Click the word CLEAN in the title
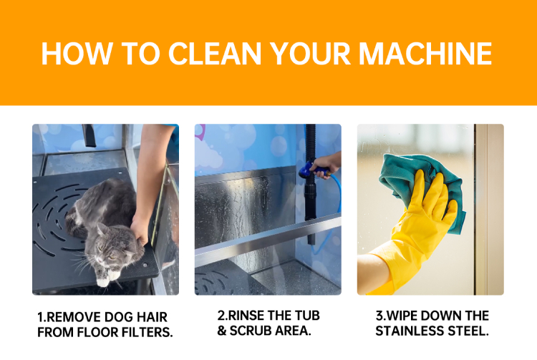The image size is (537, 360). (215, 54)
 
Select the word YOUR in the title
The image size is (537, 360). (310, 54)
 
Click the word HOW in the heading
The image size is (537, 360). (77, 54)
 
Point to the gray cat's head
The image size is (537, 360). (111, 245)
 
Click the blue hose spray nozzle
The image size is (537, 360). (308, 170)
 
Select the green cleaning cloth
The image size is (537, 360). (423, 185)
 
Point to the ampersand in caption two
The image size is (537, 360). (222, 331)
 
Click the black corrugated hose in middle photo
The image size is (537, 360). (311, 185)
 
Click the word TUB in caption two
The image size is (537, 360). (307, 316)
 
